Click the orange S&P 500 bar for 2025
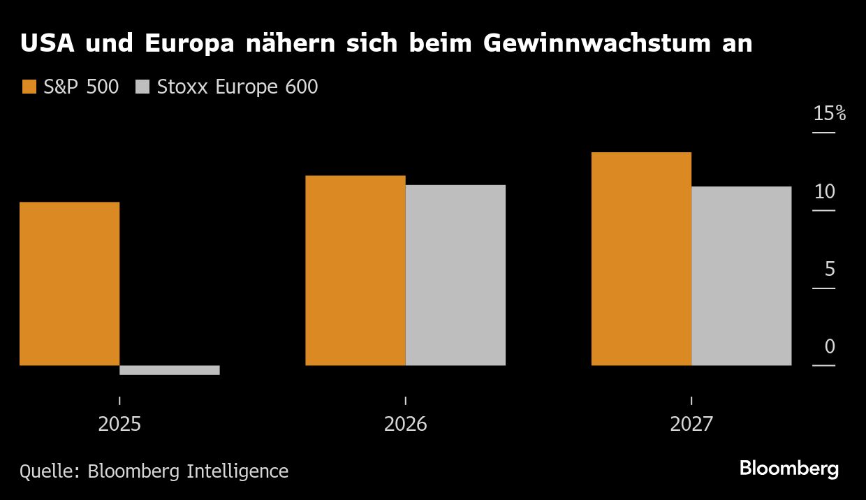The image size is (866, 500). click(x=70, y=284)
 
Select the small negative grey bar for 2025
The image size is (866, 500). click(x=170, y=370)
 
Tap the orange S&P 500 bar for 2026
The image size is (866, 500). click(x=355, y=270)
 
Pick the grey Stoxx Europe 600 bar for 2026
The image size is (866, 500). click(x=455, y=275)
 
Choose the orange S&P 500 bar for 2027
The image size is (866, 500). click(x=641, y=258)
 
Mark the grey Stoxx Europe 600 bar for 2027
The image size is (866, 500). click(x=741, y=276)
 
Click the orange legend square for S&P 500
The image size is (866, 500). click(x=29, y=87)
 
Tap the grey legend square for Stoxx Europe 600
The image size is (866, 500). click(x=142, y=87)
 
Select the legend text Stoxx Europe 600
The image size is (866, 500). click(x=237, y=87)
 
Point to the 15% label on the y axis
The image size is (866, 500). click(x=829, y=114)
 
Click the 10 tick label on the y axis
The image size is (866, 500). click(x=825, y=191)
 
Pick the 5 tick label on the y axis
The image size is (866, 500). click(x=830, y=269)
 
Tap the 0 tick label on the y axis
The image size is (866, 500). click(x=830, y=346)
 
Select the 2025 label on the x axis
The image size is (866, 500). click(x=119, y=424)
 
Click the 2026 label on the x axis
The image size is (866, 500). click(x=406, y=424)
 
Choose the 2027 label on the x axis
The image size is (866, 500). click(x=691, y=424)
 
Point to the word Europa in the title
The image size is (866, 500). click(x=189, y=44)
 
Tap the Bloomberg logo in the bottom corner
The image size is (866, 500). click(x=789, y=469)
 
